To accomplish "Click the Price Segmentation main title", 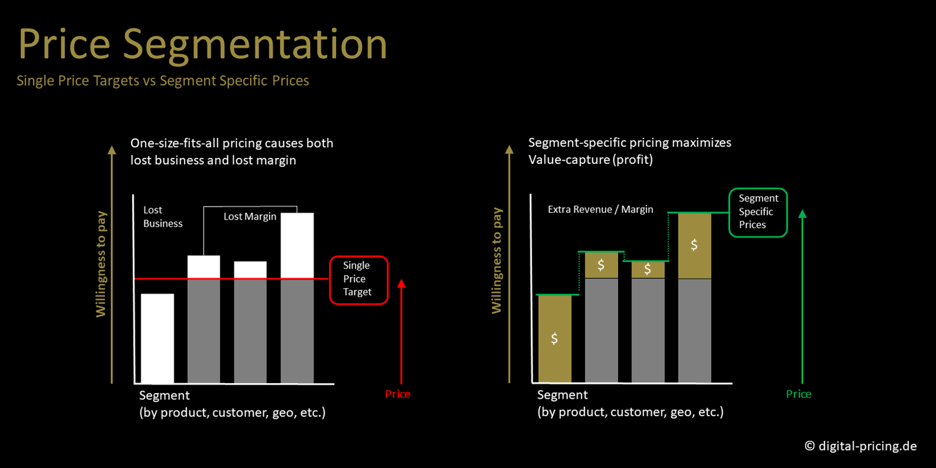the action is [203, 45].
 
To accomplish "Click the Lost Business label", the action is [163, 217].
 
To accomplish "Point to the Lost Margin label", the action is [250, 216].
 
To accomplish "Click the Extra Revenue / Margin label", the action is [600, 209].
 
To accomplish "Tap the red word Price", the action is [397, 394].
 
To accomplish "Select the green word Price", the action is [799, 394].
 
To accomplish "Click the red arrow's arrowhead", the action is [401, 284].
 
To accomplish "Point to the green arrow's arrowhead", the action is [803, 214].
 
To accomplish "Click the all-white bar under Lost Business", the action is [157, 338].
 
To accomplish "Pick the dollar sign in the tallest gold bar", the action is [694, 245].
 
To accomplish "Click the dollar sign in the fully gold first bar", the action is [554, 338].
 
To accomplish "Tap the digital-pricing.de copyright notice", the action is [860, 446].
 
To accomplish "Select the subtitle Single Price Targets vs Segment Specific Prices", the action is [163, 80].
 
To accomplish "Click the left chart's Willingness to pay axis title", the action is [101, 264].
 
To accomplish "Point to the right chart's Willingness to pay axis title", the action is [496, 260].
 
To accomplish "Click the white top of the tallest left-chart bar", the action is [297, 245].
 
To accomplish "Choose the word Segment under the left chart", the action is [165, 396].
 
